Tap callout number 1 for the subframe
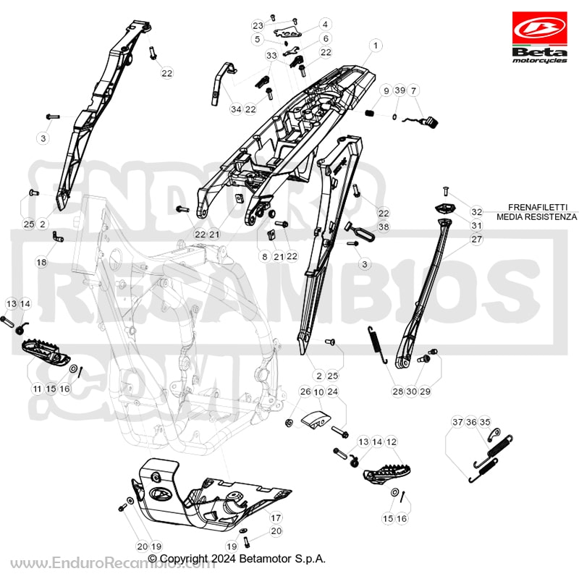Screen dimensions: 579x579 [376, 46]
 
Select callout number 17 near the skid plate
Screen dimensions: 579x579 [276, 517]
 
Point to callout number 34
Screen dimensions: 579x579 [236, 109]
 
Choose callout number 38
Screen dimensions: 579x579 [384, 227]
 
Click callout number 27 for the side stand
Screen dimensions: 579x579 [477, 240]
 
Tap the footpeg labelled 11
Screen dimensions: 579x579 [46, 351]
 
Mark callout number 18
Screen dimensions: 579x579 [41, 262]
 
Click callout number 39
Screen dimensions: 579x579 [400, 90]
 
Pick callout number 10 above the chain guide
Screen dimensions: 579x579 [319, 392]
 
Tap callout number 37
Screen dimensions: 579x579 [457, 422]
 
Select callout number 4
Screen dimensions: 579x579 [325, 25]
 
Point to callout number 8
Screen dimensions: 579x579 [264, 256]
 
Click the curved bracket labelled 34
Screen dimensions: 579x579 [223, 83]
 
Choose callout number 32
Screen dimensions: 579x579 [477, 211]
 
